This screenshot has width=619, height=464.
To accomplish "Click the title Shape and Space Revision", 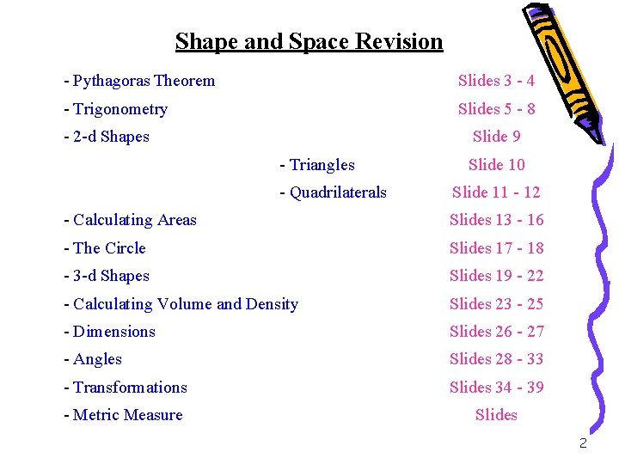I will [x=309, y=41].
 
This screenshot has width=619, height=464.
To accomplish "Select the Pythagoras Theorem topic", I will [x=139, y=81].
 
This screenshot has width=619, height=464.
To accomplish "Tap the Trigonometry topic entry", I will [x=115, y=109].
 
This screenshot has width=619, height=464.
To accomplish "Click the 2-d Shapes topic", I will [x=107, y=137].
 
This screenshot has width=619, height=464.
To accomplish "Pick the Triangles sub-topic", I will [x=317, y=165].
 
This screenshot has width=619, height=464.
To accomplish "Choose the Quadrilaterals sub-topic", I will [x=334, y=192].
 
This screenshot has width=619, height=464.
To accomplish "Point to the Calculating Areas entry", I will [x=130, y=220].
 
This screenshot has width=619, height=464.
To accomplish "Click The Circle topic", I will [x=105, y=248].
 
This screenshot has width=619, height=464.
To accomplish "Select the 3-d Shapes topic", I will [x=107, y=276].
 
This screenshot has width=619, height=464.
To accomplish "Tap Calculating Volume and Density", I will [x=181, y=304].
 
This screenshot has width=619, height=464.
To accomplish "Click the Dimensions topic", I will [x=109, y=332].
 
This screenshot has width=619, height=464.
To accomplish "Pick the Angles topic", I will [x=93, y=359].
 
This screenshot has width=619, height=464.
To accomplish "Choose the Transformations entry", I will [x=125, y=388].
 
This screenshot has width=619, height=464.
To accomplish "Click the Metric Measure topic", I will [x=123, y=415].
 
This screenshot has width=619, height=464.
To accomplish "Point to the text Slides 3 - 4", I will [x=496, y=81].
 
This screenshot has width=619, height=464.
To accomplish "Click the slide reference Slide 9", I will [x=496, y=137].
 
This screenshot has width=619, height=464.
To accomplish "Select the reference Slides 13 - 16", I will [x=496, y=220].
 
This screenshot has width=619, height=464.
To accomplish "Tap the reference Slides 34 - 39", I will [x=496, y=388].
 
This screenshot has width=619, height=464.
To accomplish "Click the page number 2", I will [x=583, y=443].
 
